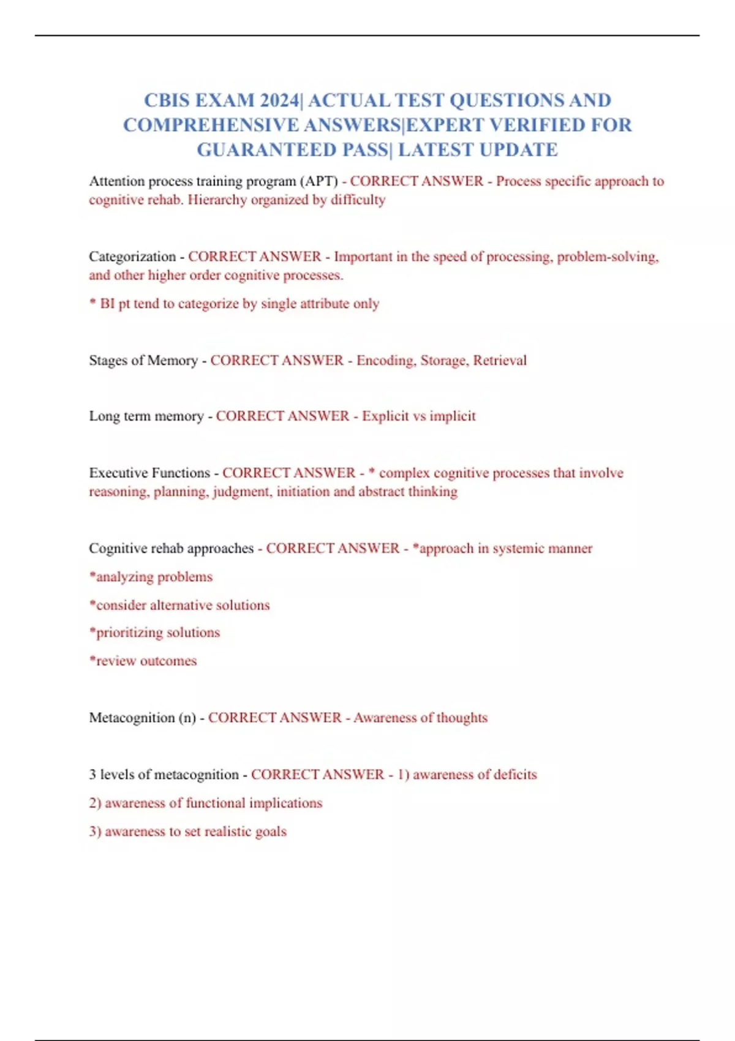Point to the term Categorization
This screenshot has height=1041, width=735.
pos(132,257)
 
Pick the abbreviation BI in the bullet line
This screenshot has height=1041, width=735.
pos(107,304)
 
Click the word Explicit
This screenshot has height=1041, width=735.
pos(385,416)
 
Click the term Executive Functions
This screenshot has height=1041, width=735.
pos(149,473)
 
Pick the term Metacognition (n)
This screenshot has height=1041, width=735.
pos(142,718)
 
